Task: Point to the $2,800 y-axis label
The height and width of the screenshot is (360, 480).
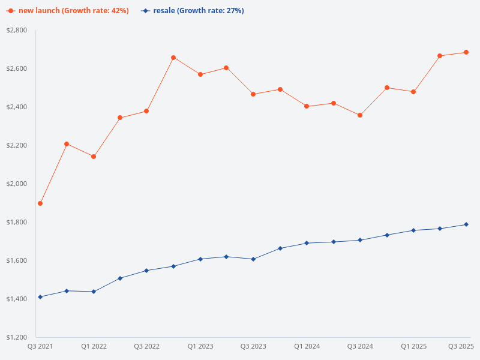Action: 17,30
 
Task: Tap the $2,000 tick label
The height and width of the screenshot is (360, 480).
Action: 17,184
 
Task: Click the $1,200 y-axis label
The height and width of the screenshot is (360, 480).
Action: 17,337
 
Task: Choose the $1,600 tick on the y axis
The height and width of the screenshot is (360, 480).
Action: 17,260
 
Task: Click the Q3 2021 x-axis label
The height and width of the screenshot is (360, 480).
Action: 40,346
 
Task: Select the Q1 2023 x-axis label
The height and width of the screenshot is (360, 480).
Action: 200,346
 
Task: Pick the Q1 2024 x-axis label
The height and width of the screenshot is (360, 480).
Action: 307,346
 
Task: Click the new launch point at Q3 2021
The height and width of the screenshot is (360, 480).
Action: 40,203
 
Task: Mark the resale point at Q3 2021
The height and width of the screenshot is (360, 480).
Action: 40,297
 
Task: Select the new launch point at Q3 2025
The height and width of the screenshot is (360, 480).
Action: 466,52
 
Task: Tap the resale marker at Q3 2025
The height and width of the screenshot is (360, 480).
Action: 466,224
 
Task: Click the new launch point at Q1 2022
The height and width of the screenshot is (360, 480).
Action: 94,157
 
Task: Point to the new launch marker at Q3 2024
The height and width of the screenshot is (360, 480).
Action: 360,115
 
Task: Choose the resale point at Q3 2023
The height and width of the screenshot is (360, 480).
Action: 253,259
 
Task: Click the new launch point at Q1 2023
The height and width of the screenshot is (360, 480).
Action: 200,74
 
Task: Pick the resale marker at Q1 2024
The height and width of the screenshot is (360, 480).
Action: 307,243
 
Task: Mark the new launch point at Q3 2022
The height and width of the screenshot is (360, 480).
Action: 146,111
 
